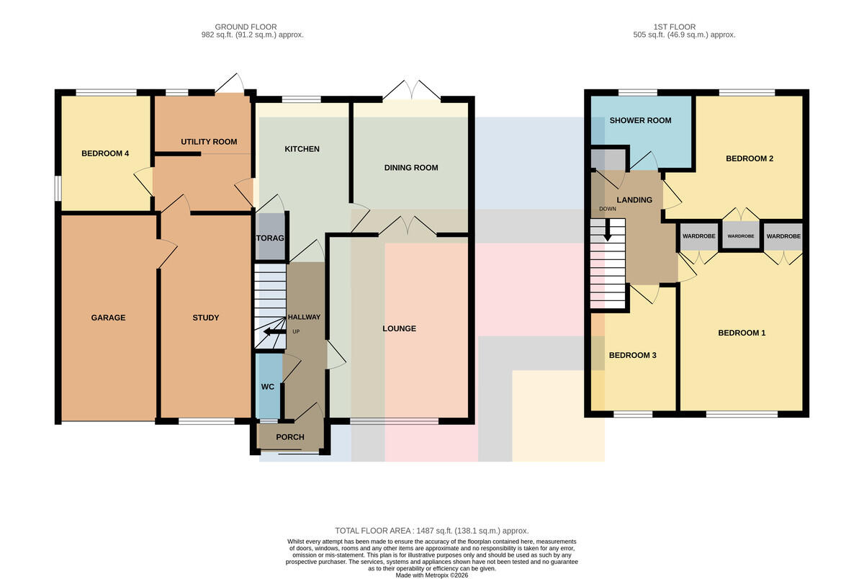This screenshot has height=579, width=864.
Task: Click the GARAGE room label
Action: click(108, 318)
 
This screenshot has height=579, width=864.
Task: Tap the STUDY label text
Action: click(206, 318)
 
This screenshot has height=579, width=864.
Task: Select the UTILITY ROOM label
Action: click(209, 142)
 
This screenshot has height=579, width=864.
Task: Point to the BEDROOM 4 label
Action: click(105, 153)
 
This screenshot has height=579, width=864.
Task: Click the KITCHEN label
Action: click(302, 149)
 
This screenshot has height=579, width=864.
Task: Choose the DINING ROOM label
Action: click(411, 167)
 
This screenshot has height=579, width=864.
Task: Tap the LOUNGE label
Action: click(399, 328)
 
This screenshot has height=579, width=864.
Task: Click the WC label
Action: click(268, 387)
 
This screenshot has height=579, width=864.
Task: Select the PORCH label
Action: click(290, 436)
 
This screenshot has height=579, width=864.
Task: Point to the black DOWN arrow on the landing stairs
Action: click(608, 230)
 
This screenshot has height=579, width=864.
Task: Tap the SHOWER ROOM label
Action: click(640, 120)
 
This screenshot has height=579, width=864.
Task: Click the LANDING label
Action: click(634, 199)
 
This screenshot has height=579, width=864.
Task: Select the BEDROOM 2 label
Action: click(750, 158)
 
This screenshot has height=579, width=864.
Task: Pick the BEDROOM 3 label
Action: click(633, 355)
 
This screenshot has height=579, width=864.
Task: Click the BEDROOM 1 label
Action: click(742, 333)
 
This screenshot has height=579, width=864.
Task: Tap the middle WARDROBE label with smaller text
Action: click(741, 236)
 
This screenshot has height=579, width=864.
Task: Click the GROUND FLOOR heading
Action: click(246, 27)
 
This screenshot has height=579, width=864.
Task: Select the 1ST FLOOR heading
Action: click(675, 27)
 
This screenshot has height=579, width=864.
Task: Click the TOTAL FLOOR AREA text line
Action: click(431, 531)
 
